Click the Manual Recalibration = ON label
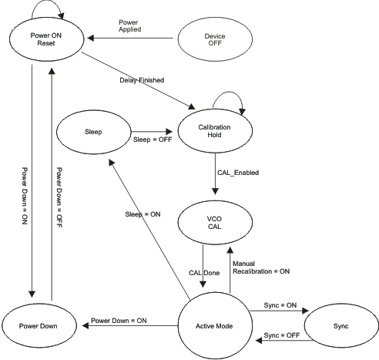(x=261, y=267)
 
